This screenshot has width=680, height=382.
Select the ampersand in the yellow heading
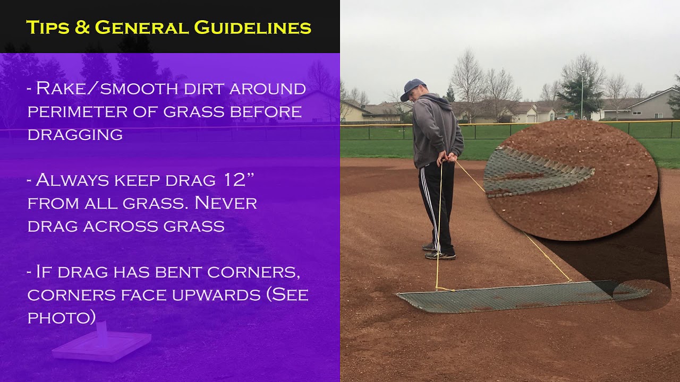pyautogui.click(x=82, y=27)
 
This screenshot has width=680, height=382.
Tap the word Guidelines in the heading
pyautogui.click(x=252, y=27)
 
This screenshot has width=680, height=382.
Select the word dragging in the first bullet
pyautogui.click(x=75, y=135)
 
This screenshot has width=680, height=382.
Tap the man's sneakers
pyautogui.click(x=438, y=252)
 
